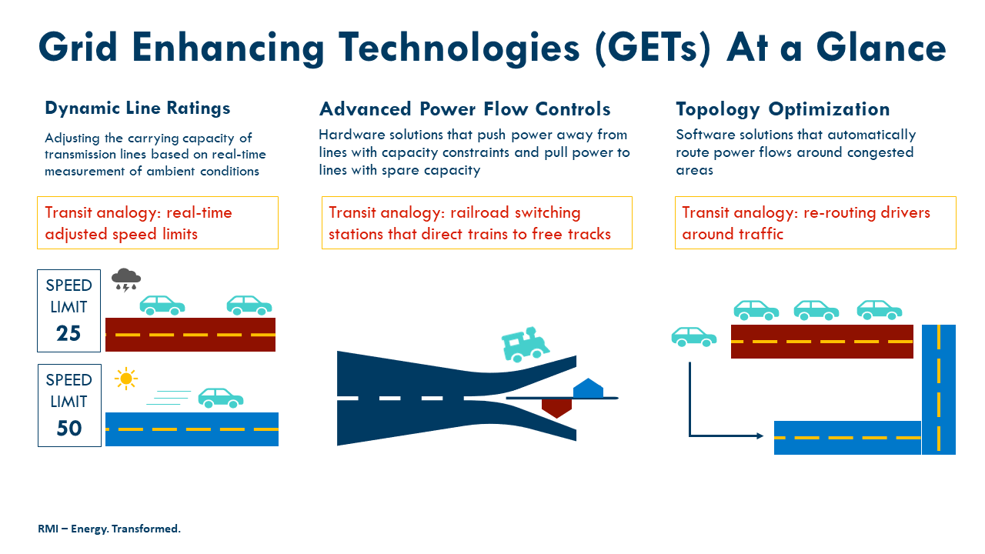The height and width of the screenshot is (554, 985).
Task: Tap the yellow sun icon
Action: pos(125,379)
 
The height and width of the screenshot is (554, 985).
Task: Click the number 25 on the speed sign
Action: pos(69,333)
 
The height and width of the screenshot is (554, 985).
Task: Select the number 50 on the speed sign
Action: pos(69,428)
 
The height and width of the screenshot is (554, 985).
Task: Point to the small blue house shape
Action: pos(588,388)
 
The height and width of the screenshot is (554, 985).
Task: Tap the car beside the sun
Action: pos(221,397)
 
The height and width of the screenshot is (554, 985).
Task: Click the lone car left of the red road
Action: pos(694,336)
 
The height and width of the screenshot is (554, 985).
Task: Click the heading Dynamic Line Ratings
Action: pos(138,108)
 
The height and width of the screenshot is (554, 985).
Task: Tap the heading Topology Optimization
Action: pos(783,109)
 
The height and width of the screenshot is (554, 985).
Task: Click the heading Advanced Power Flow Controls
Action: pos(465,109)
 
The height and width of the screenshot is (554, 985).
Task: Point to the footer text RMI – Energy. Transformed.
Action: pos(109,529)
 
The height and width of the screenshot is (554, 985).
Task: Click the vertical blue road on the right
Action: pos(939,389)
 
